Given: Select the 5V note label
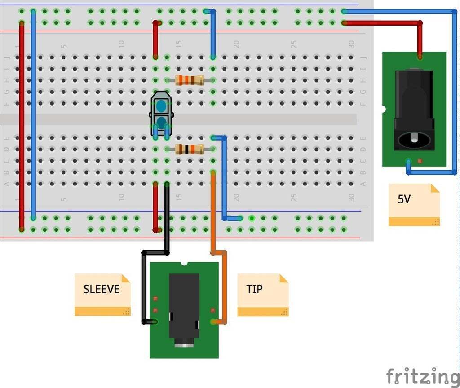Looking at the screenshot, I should tap(404, 199).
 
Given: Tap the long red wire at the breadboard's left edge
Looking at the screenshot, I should tap(22, 126).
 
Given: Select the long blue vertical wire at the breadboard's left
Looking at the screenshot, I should tap(33, 112).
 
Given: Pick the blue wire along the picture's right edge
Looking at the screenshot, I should tap(454, 90).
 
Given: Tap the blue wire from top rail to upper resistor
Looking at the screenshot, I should tap(213, 34).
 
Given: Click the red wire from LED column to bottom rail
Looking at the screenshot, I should tap(155, 207).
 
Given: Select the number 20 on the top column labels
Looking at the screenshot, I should tap(236, 44).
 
